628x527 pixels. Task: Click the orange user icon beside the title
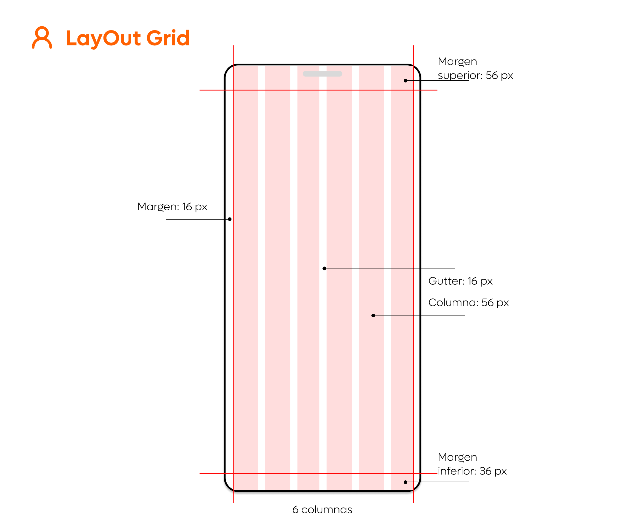pos(42,38)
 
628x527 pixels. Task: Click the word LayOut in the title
pos(103,38)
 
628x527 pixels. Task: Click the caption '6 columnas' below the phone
pos(322,510)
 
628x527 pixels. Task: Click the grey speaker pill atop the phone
pos(322,74)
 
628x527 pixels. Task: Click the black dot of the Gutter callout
pos(324,268)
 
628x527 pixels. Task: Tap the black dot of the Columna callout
pos(373,315)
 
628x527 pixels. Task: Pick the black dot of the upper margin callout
pos(405,81)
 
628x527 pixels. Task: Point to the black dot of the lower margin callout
pos(405,482)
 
